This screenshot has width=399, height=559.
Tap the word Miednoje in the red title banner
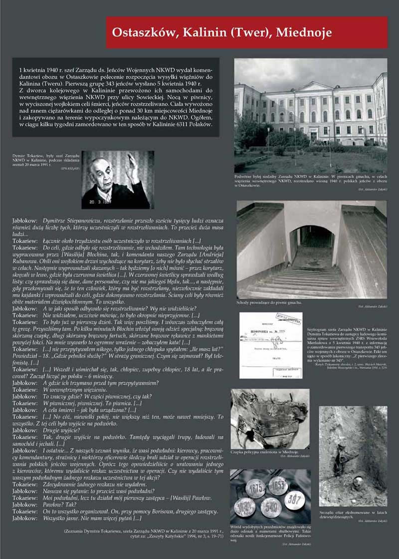click(x=304, y=32)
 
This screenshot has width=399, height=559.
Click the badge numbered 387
click(x=294, y=500)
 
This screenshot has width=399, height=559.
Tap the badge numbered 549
click(x=271, y=507)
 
